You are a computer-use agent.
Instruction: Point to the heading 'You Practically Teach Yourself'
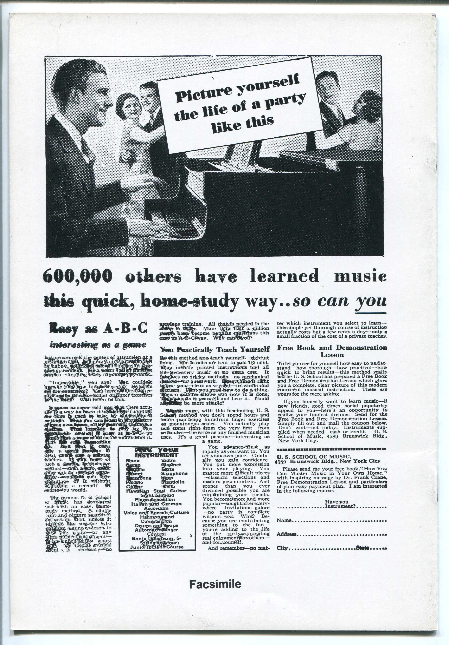pos(214,349)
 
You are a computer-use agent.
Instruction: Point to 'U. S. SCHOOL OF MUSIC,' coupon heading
pos(312,457)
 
